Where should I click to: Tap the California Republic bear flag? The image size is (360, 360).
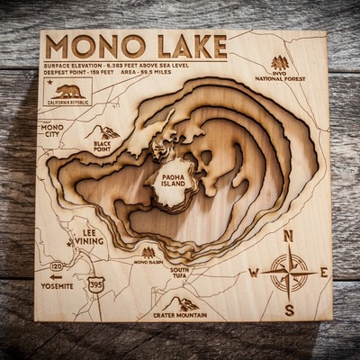[68, 92]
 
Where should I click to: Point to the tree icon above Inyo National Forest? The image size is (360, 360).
[280, 63]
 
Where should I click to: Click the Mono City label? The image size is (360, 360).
[52, 131]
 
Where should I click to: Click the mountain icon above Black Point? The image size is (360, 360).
[105, 132]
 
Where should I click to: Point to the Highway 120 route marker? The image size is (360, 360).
[57, 266]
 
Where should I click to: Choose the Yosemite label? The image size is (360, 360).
[57, 285]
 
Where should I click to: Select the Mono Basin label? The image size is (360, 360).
[148, 262]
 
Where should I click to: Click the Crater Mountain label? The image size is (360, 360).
[179, 315]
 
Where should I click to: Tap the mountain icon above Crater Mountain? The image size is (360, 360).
[184, 303]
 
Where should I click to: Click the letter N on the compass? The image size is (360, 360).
[289, 236]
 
